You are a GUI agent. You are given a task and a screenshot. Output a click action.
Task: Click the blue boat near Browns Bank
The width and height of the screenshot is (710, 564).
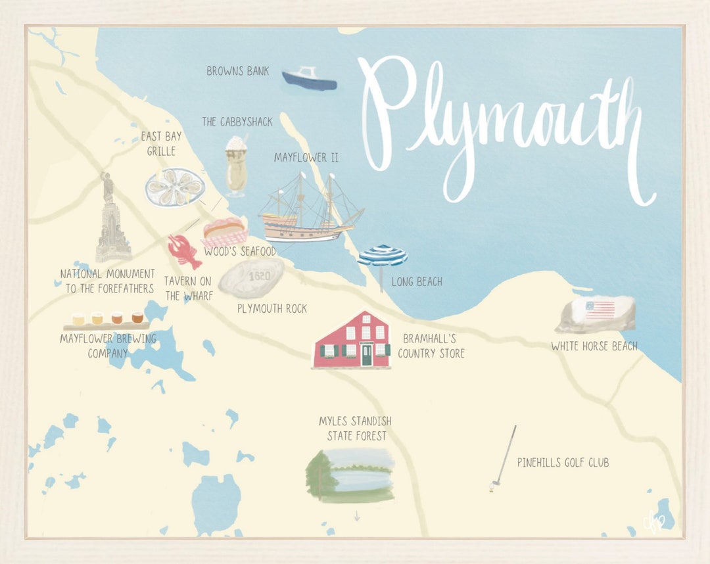tap(309, 79)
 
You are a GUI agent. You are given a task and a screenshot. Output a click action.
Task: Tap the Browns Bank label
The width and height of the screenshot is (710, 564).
tap(237, 71)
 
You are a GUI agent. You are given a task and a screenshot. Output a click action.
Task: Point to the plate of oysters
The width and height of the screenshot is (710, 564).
tap(175, 186)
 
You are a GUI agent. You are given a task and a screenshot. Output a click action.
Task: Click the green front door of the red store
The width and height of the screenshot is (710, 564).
tap(366, 354)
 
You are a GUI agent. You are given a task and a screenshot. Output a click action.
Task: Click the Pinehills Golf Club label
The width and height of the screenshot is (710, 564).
tap(563, 463)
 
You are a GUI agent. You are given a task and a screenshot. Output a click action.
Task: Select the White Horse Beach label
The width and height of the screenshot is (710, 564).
tap(594, 346)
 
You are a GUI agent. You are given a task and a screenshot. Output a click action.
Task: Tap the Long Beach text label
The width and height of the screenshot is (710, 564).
tap(416, 282)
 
